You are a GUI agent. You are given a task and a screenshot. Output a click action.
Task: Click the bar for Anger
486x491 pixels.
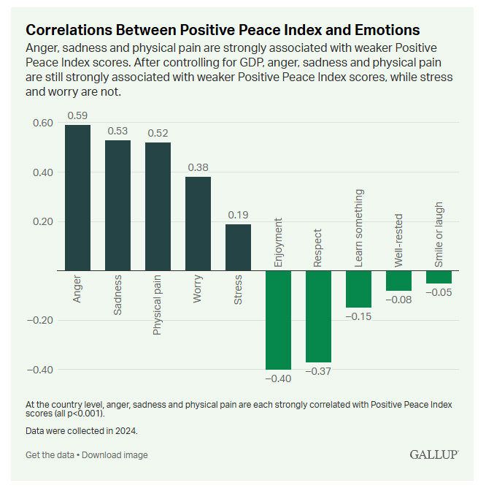pyautogui.click(x=77, y=197)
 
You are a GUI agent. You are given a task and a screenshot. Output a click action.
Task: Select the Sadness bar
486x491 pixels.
pyautogui.click(x=117, y=205)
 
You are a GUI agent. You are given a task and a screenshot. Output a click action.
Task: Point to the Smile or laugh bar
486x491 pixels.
pyautogui.click(x=439, y=277)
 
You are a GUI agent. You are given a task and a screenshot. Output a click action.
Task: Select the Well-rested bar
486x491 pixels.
pyautogui.click(x=398, y=281)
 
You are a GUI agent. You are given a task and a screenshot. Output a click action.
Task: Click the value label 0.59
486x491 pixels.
pyautogui.click(x=77, y=115)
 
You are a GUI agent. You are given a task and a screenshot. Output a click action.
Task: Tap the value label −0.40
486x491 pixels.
pyautogui.click(x=278, y=378)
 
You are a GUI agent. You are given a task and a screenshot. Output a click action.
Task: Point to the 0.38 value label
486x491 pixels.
pyautogui.click(x=198, y=167)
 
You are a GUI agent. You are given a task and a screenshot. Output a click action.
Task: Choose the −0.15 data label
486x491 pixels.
pyautogui.click(x=358, y=316)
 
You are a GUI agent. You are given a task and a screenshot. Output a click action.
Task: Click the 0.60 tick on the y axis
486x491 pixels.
pyautogui.click(x=42, y=123)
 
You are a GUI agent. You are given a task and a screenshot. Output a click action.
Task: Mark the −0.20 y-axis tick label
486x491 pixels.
pyautogui.click(x=39, y=320)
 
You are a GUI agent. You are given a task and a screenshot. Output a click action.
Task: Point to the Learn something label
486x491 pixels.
pyautogui.click(x=358, y=228)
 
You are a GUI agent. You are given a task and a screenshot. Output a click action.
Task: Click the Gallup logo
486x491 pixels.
pyautogui.click(x=433, y=454)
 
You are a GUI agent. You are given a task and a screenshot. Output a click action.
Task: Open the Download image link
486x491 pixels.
pyautogui.click(x=115, y=455)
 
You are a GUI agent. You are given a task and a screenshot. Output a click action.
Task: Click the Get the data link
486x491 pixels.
pyautogui.click(x=50, y=455)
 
